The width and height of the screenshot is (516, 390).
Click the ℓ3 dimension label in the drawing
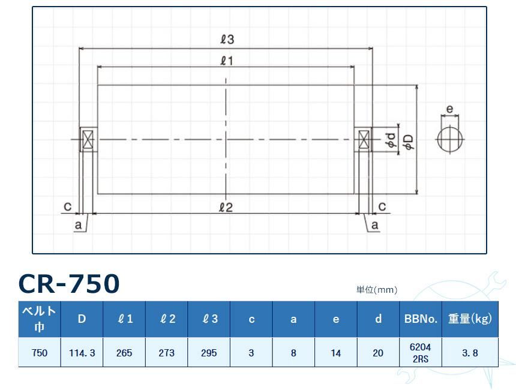[227, 40]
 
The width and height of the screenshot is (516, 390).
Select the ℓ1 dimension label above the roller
[227, 60]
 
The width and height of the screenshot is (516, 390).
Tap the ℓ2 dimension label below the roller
[226, 207]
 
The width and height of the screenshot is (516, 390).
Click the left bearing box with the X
[88, 140]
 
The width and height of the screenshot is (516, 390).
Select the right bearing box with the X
[364, 140]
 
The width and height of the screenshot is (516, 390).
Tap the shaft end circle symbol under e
[450, 139]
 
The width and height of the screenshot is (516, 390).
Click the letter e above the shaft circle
[450, 110]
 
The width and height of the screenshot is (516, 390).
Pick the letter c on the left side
[68, 206]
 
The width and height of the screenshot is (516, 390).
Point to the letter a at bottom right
[376, 225]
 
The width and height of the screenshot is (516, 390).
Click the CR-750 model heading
[70, 284]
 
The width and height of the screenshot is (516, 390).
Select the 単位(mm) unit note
[377, 290]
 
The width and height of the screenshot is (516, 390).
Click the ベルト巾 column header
[40, 319]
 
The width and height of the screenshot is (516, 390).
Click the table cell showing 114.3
[82, 353]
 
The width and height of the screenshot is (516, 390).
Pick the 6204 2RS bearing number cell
[420, 353]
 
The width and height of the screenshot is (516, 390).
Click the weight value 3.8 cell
[470, 353]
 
